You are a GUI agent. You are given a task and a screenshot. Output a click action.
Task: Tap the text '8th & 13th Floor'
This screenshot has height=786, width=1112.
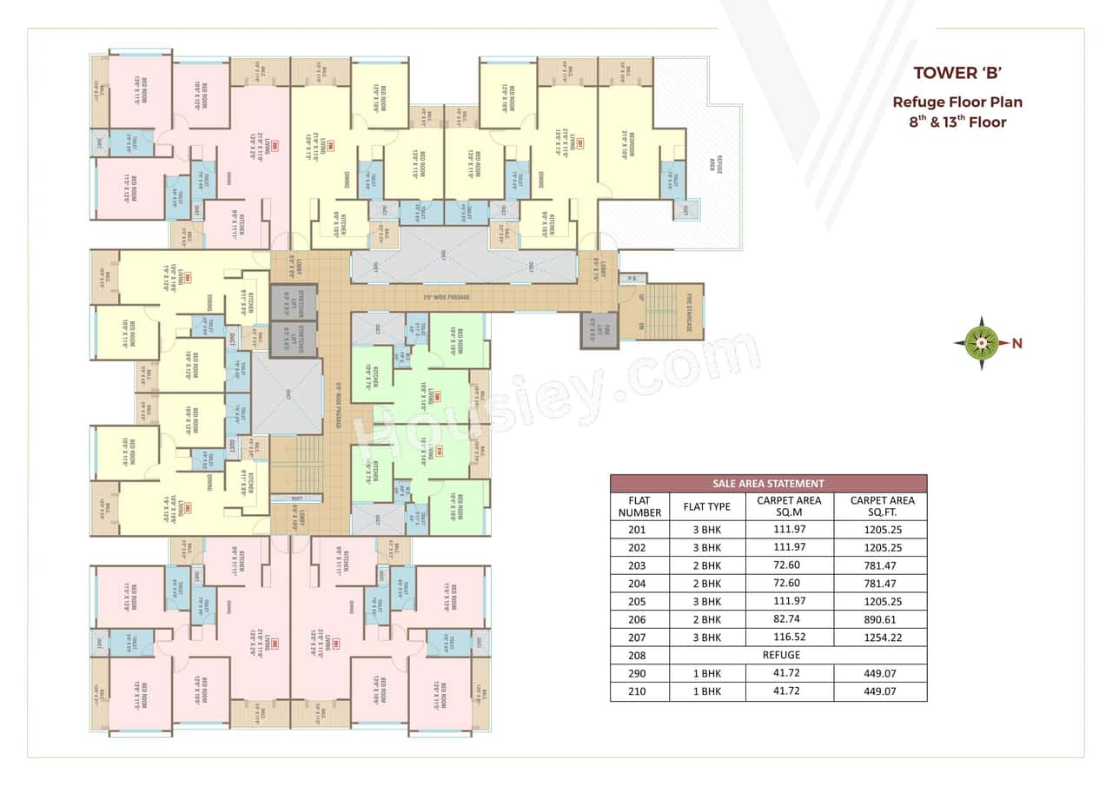(x=957, y=122)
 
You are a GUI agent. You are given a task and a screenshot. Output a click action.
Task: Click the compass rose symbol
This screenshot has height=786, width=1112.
(x=981, y=343)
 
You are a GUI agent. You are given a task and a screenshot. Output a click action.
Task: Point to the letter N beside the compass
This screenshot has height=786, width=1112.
(x=1016, y=344)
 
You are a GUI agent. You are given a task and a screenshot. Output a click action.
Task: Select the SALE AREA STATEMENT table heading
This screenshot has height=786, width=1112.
(x=768, y=484)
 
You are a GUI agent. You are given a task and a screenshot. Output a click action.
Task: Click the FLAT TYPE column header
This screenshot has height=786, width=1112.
(x=707, y=506)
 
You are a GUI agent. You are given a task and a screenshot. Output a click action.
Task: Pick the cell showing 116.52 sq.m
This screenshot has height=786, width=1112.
(x=789, y=637)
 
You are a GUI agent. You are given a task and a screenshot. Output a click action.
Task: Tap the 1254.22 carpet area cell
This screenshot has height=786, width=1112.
(x=880, y=637)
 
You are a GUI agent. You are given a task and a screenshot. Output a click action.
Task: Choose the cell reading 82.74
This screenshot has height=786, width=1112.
(x=789, y=619)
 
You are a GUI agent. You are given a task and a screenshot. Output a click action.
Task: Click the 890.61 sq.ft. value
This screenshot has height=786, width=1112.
(x=880, y=619)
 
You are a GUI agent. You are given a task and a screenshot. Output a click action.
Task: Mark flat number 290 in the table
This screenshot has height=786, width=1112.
(x=639, y=674)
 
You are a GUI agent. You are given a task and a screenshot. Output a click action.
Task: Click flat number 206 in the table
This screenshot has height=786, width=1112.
(x=639, y=619)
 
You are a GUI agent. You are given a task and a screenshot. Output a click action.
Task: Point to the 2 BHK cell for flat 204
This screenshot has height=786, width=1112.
(x=707, y=583)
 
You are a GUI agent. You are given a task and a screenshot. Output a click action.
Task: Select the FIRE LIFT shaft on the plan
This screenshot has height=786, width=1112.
(x=599, y=330)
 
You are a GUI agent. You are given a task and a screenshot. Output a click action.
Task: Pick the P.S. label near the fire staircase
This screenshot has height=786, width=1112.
(x=632, y=279)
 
